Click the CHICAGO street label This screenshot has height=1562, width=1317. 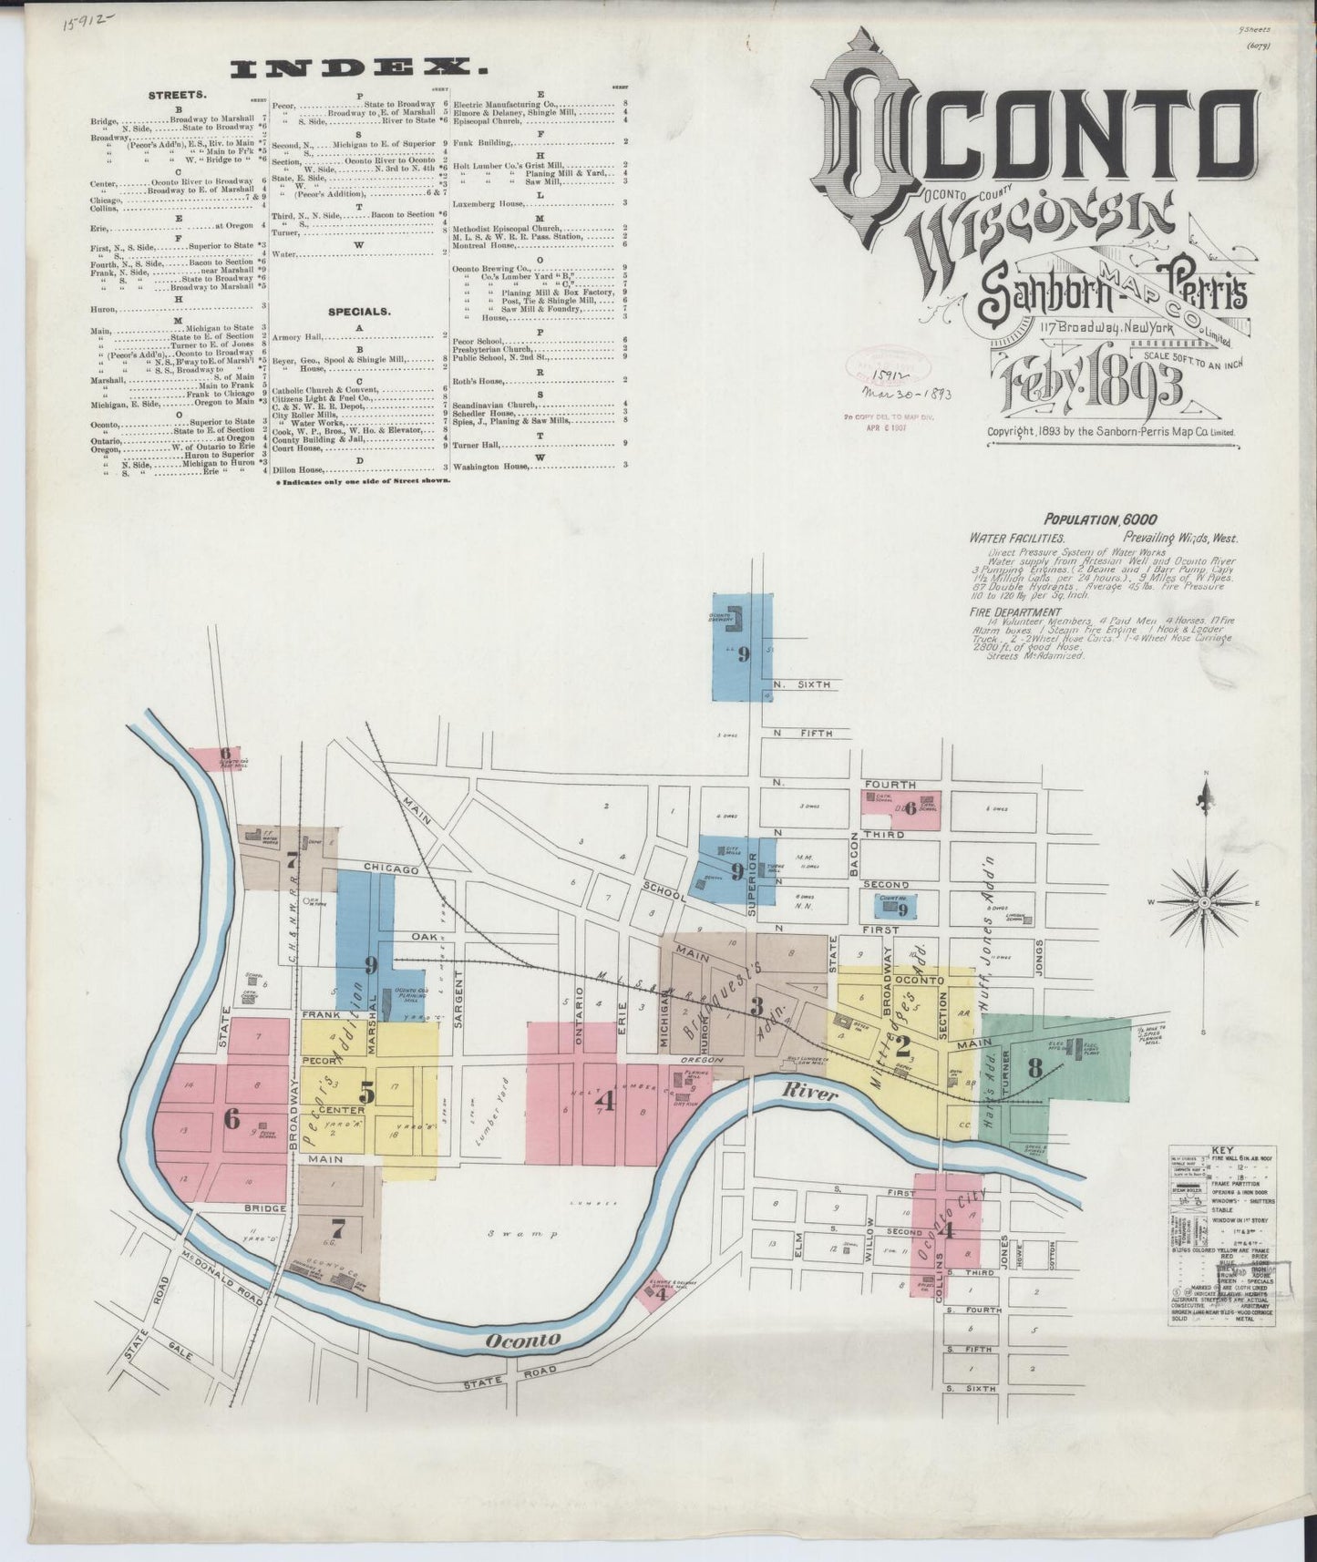pos(390,868)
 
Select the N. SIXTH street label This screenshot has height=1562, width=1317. pos(802,684)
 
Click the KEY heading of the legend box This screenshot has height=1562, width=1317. pos(1221,1150)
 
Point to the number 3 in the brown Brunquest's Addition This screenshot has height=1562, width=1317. pos(756,1006)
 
